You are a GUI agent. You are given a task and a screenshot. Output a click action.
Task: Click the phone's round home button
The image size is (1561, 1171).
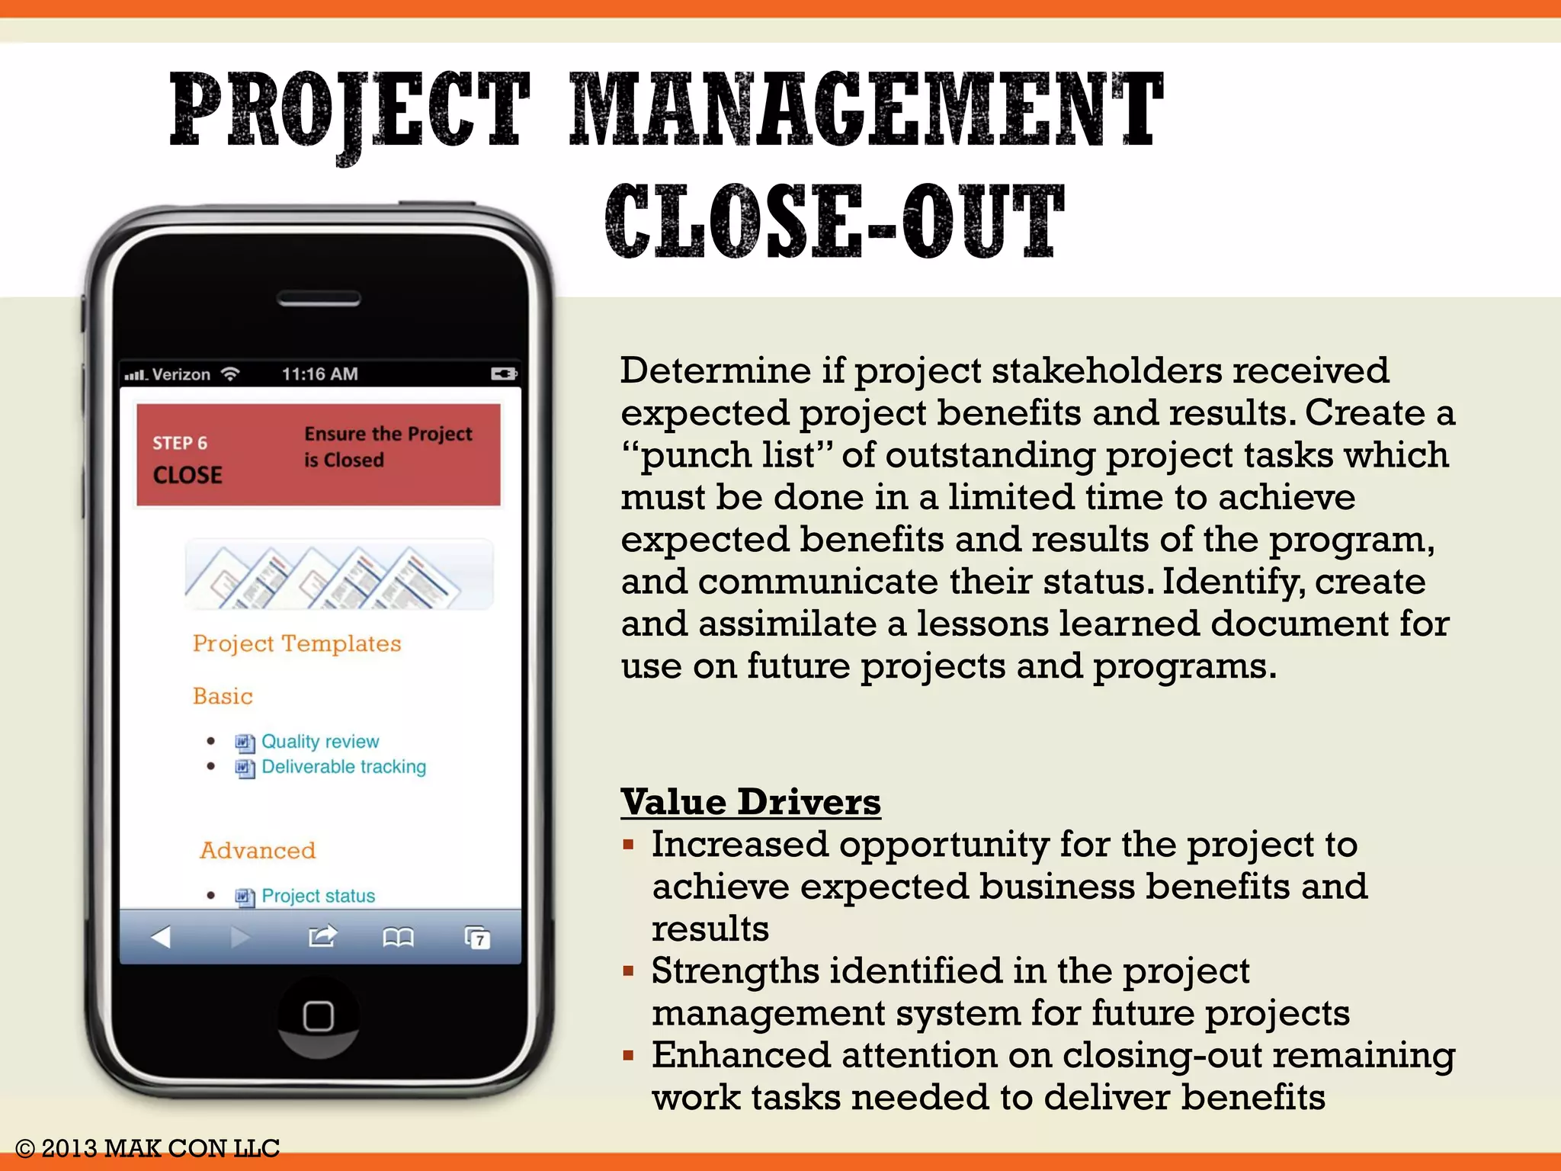coord(318,1015)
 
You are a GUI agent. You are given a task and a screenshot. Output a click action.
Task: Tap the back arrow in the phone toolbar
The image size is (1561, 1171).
coord(161,936)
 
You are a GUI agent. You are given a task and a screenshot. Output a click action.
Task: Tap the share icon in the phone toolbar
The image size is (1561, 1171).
coord(322,935)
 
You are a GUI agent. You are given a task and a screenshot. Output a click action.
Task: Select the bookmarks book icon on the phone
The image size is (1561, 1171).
coord(398,936)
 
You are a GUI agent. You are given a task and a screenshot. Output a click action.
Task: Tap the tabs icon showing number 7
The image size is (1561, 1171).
coord(478,937)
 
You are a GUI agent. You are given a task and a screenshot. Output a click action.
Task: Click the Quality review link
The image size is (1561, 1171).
coord(320,742)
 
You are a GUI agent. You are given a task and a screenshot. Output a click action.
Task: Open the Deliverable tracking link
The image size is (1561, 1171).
coord(344,767)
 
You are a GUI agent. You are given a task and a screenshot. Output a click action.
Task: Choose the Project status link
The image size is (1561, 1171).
coord(318,896)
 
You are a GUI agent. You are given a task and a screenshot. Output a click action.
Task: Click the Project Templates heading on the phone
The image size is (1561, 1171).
coord(296,643)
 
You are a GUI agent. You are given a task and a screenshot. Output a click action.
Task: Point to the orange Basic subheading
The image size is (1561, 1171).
coord(223,696)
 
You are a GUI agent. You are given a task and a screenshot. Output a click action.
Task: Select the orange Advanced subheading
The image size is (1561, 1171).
coord(258,850)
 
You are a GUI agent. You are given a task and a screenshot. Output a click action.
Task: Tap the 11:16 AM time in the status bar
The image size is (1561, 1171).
coord(319,374)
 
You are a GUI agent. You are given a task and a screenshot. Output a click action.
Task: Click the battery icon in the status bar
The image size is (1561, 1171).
coord(504,374)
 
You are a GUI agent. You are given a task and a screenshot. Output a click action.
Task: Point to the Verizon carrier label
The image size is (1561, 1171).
coord(181,374)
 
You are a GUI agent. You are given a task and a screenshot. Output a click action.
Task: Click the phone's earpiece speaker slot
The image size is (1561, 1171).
coord(319,300)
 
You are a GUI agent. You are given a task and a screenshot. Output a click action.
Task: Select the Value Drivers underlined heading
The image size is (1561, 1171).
coord(750,802)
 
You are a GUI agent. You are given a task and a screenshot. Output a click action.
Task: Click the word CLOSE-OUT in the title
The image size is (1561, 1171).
coord(835,221)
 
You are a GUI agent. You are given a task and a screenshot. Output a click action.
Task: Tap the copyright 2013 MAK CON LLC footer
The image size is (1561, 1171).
coord(148,1148)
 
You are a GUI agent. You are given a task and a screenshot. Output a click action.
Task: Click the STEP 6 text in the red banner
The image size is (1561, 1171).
coord(180,443)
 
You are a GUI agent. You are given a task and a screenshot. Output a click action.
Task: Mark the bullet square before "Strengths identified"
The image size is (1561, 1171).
coord(628,971)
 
